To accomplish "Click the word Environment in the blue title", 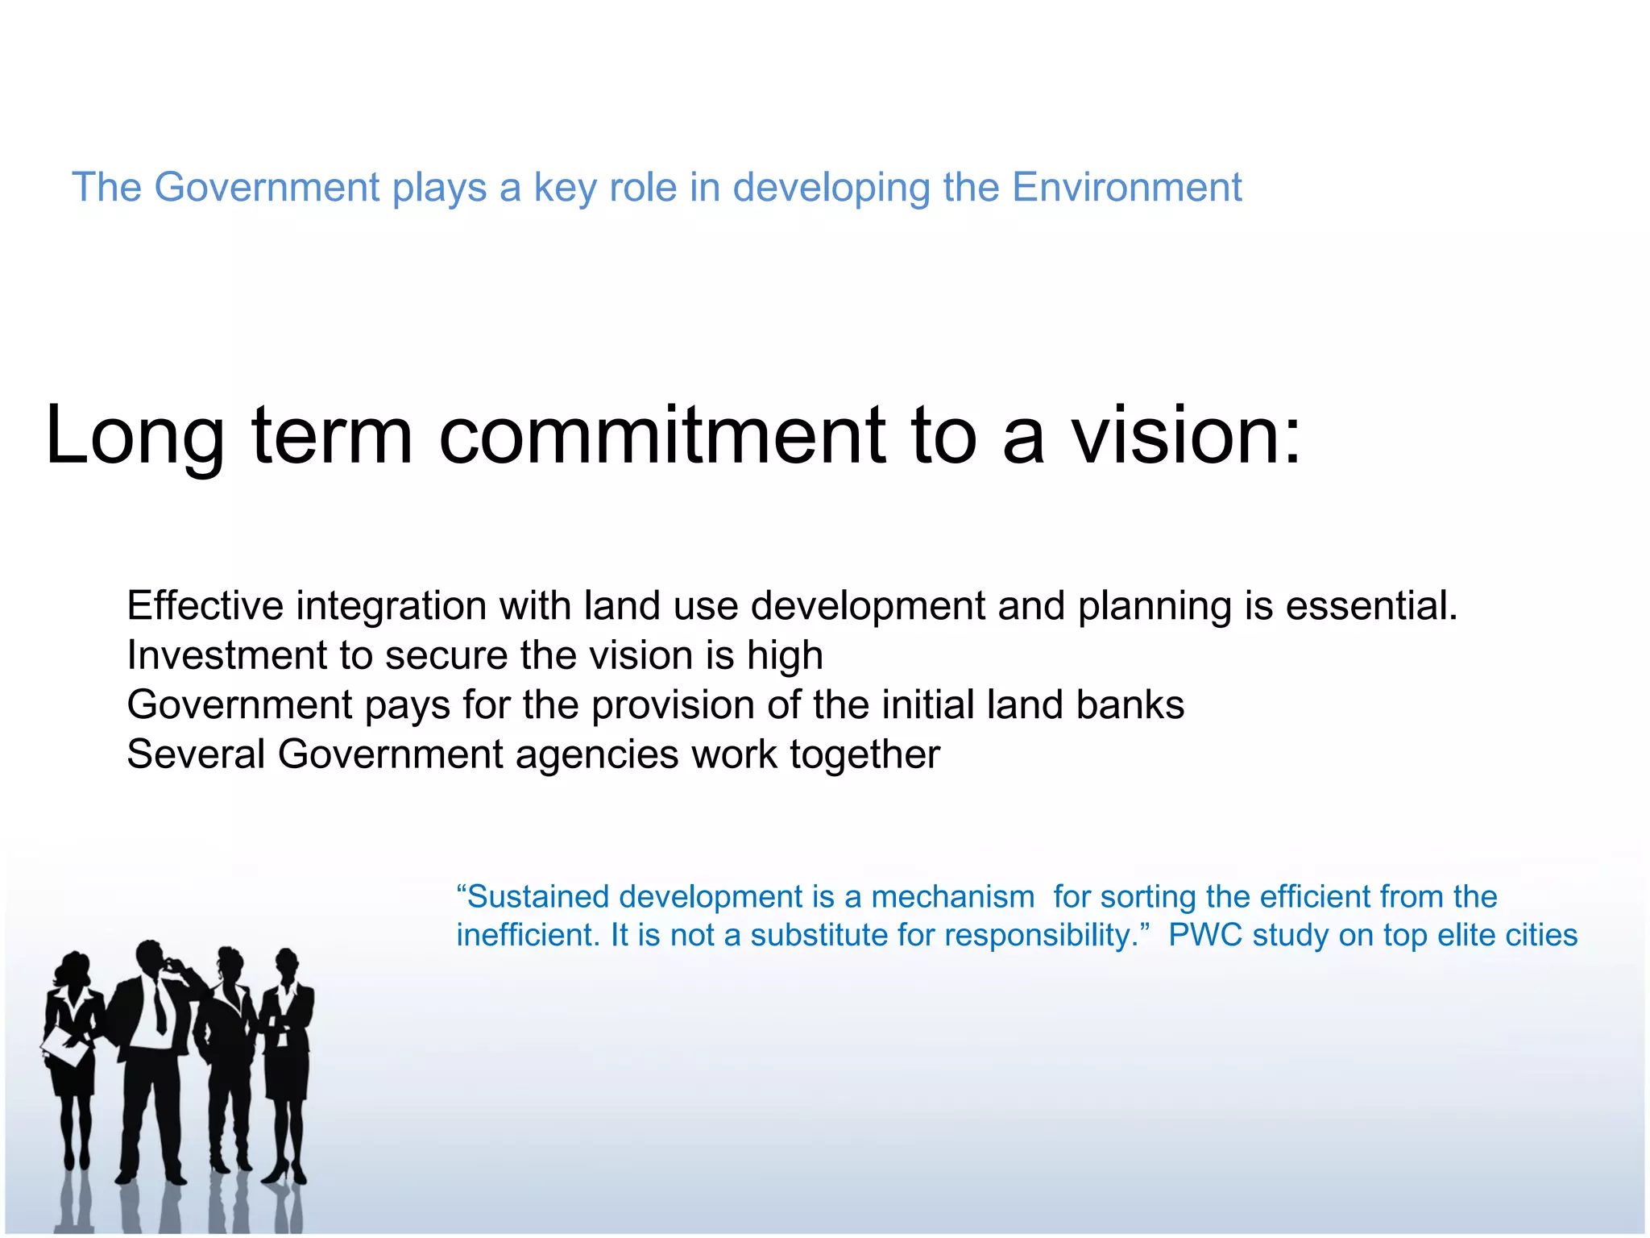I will pos(1126,187).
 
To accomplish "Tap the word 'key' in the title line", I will pos(565,189).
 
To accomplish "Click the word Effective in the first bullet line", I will pos(205,605).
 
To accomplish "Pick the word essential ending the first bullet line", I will pos(1370,605).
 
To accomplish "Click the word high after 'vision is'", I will pos(785,656).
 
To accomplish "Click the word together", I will pos(864,756).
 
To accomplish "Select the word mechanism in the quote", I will pos(953,896).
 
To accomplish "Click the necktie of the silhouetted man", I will pos(160,1007).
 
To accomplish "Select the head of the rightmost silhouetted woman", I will pos(287,963).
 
